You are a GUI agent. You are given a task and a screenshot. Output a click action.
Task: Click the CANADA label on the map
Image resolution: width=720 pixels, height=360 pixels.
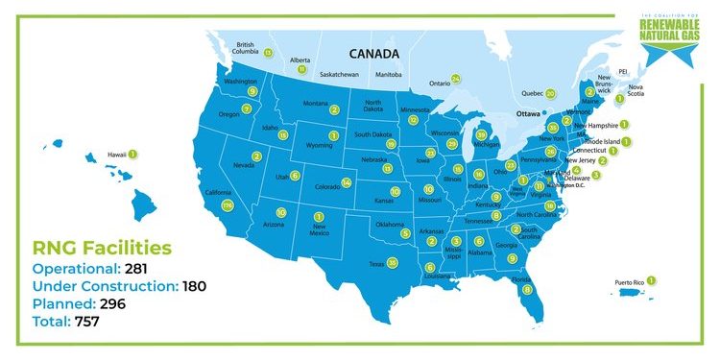pos(373,54)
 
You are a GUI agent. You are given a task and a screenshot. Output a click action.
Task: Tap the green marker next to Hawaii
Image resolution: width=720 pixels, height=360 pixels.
pos(132,154)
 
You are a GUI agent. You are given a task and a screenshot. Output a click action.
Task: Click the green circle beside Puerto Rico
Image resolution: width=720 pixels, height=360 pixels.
pos(652,280)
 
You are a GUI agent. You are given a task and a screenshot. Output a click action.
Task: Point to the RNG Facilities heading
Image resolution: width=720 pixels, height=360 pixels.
pos(102,248)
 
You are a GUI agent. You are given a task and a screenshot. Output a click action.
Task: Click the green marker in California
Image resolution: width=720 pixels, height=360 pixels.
pos(228,205)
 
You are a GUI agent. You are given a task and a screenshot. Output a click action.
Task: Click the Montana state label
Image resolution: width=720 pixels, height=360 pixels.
pos(316,104)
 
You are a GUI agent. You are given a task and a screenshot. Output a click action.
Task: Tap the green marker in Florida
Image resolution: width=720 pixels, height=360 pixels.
pos(527,288)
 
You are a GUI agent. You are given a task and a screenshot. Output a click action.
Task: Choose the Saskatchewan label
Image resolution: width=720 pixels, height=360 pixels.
pos(339,74)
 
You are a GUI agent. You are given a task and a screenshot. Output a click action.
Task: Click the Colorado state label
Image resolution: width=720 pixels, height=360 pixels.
pos(327,186)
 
